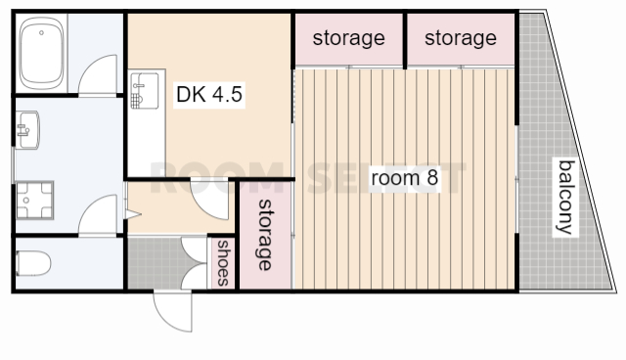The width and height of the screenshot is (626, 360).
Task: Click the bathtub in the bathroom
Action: pyautogui.click(x=41, y=53)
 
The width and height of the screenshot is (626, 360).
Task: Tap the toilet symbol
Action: pyautogui.click(x=33, y=263)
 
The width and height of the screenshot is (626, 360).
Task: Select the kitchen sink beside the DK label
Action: pyautogui.click(x=144, y=90)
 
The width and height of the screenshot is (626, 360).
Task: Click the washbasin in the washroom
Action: pyautogui.click(x=27, y=130)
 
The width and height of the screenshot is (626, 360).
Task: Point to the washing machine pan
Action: pyautogui.click(x=35, y=200)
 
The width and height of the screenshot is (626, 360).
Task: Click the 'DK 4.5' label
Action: pyautogui.click(x=209, y=95)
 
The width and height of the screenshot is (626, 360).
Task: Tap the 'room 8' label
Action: pyautogui.click(x=404, y=178)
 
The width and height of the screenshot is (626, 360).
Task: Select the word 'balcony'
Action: pyautogui.click(x=566, y=198)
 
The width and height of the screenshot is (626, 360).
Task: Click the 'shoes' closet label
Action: pyautogui.click(x=223, y=262)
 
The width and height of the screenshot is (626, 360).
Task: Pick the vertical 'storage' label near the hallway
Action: pyautogui.click(x=264, y=235)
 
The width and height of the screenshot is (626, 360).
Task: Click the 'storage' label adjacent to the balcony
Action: pyautogui.click(x=461, y=38)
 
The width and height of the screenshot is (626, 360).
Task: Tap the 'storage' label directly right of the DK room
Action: pyautogui.click(x=348, y=38)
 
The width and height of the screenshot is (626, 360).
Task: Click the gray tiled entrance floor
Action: pyautogui.click(x=155, y=262)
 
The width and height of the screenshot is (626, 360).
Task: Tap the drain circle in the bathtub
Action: pyautogui.click(x=41, y=32)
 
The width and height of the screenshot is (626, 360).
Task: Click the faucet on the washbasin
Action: pyautogui.click(x=22, y=130)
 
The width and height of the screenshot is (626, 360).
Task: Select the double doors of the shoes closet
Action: pyautogui.click(x=194, y=262)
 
